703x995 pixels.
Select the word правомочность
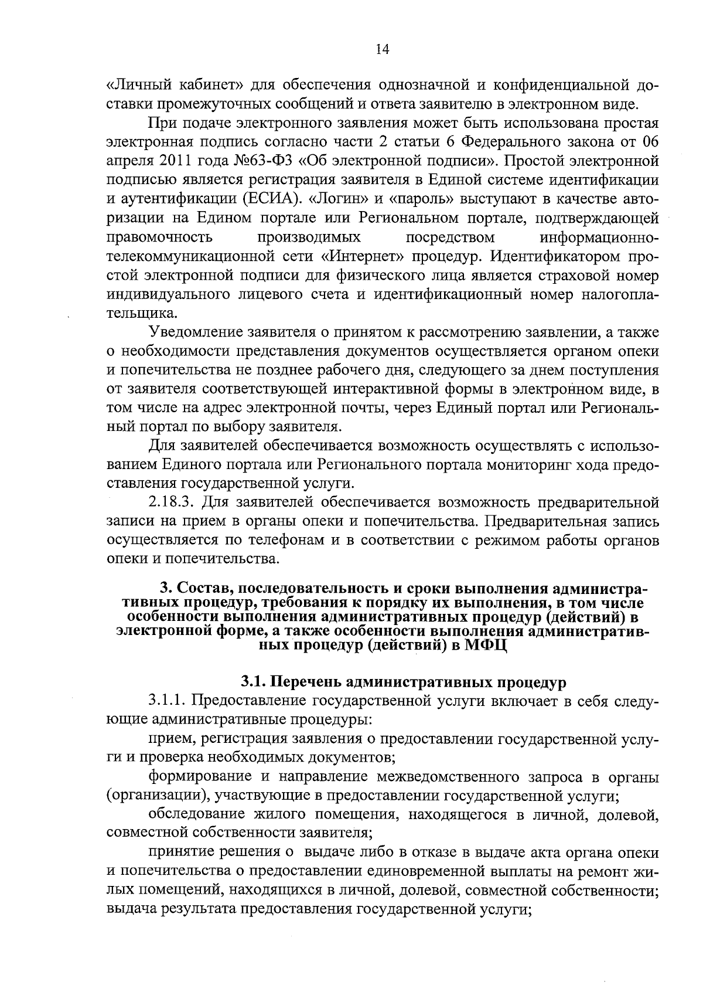click(159, 237)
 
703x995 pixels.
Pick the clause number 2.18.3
click(172, 502)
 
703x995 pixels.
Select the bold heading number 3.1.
click(253, 682)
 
